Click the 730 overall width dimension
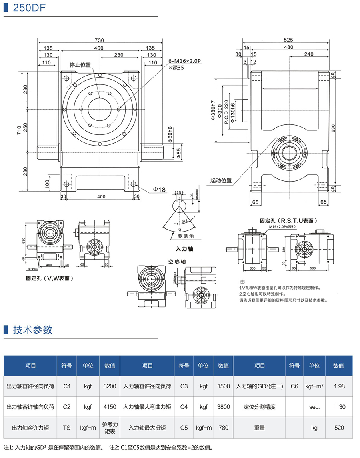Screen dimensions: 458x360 100,40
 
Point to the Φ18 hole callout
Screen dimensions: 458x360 160,190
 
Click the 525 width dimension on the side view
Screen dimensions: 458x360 288,40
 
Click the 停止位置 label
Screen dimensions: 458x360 80,65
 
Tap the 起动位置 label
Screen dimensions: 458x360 221,180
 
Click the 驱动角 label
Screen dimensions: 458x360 186,236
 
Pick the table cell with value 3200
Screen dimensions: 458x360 110,386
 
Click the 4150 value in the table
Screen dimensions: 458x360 110,407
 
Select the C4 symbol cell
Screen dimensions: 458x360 184,407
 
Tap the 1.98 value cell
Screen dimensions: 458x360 338,386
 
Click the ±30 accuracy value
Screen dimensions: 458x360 338,407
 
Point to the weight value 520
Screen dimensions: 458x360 338,428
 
